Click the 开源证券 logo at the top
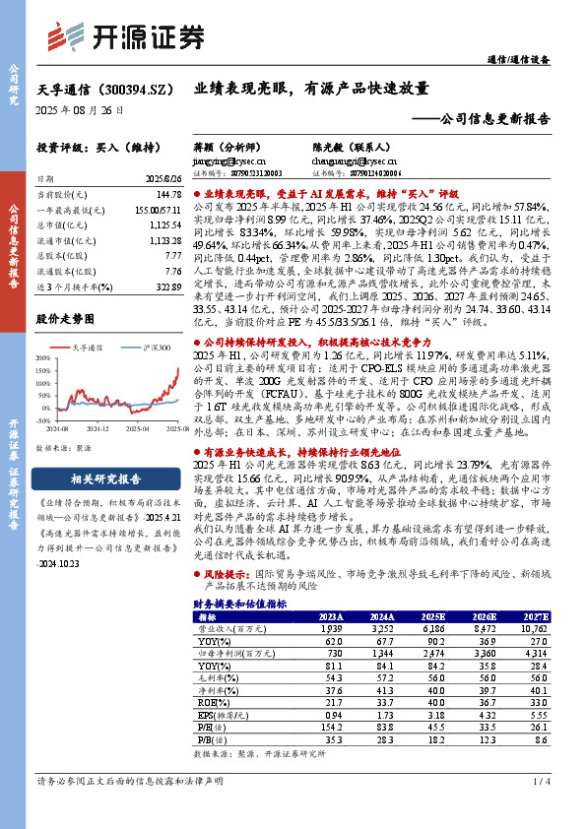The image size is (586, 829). (128, 36)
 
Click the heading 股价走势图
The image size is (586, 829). (65, 320)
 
